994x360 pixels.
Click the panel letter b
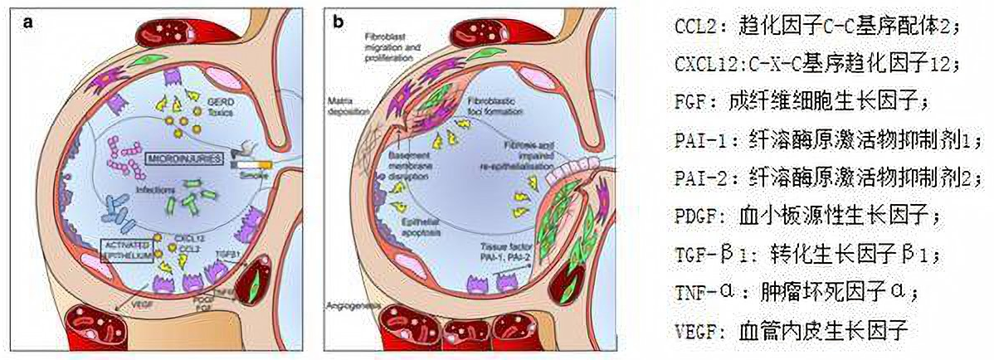coord(339,22)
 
